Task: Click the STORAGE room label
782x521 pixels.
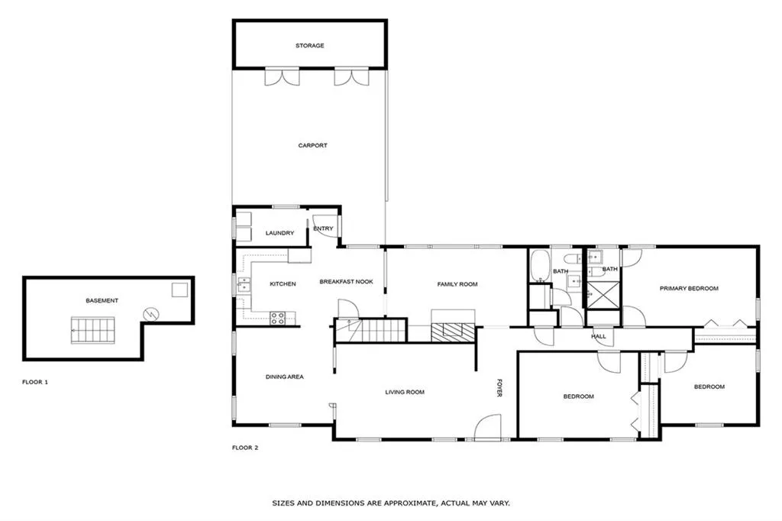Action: (x=309, y=46)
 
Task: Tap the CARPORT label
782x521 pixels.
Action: (x=312, y=145)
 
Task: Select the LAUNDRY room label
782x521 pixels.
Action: (x=280, y=233)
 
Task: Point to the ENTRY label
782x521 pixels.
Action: (x=323, y=228)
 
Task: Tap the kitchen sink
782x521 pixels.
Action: (x=244, y=286)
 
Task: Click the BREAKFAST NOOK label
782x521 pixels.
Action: (x=346, y=282)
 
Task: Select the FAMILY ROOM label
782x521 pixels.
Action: (x=457, y=284)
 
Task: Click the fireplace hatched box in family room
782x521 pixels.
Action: (x=453, y=332)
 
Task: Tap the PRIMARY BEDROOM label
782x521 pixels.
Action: (x=690, y=288)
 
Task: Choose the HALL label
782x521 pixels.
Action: (x=599, y=336)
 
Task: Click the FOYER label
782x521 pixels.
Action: (x=500, y=388)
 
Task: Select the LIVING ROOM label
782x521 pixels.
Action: (x=404, y=393)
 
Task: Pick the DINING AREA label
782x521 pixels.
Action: (x=285, y=377)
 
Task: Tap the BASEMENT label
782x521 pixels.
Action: (x=102, y=300)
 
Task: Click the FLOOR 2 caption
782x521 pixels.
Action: (x=245, y=448)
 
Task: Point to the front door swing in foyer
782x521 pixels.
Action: (x=487, y=428)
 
